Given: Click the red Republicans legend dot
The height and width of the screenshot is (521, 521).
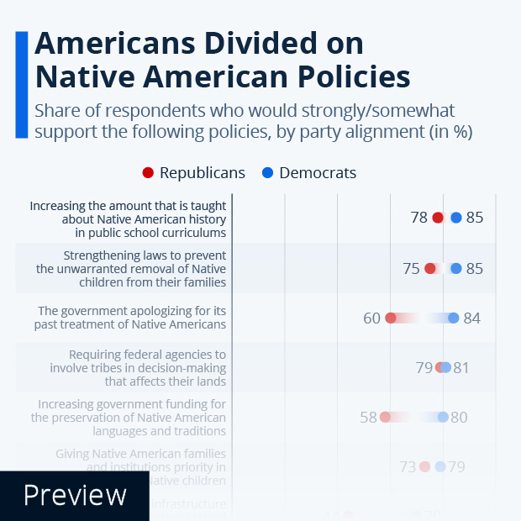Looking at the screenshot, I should tap(148, 173).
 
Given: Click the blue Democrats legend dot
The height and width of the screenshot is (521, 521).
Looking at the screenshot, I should tap(267, 173).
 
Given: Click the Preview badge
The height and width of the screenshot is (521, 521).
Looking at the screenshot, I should tap(75, 495).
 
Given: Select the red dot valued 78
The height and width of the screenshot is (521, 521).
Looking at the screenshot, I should tap(438, 218).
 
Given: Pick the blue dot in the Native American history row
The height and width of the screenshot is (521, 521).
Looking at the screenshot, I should tap(456, 218).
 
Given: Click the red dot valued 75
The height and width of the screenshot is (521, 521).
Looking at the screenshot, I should tap(430, 269).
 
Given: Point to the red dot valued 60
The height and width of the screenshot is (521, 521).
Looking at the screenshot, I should tap(391, 318).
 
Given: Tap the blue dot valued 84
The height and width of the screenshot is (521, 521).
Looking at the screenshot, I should tap(454, 318).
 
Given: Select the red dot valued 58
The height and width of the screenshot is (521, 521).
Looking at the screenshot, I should tap(385, 417).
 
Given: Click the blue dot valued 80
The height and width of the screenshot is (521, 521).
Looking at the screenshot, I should tap(443, 417).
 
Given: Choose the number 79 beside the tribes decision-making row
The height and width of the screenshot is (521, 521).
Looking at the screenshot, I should tap(424, 367).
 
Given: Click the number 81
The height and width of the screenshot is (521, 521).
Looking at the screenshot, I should tap(461, 367).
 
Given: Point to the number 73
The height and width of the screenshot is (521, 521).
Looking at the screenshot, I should tap(408, 466).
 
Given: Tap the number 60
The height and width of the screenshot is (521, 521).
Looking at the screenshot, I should tap(371, 318).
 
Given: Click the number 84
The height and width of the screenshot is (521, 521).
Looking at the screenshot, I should tap(472, 318).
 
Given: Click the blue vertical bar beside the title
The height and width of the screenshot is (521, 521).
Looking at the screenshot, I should tap(21, 84).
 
